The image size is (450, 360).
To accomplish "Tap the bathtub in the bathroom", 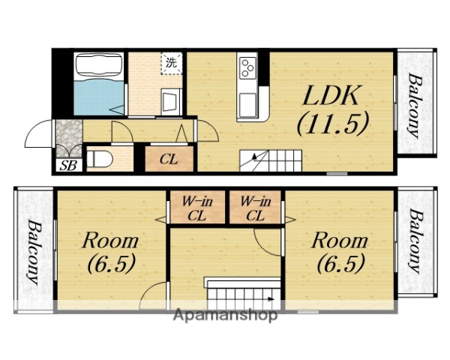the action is [98, 67].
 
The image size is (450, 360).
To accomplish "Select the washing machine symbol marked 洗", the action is [172, 63].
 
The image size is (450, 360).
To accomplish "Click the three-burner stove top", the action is [247, 67].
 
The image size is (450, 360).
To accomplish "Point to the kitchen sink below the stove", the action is [247, 105].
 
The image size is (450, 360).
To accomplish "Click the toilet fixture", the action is [99, 159].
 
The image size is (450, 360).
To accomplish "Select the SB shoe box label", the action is [68, 165].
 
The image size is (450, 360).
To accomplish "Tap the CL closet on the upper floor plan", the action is [169, 159].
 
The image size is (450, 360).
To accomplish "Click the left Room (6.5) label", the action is [111, 252].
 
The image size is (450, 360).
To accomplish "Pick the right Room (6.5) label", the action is [340, 252].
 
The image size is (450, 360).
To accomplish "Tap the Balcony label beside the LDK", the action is [415, 106].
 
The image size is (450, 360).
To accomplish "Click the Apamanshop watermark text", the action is [225, 316].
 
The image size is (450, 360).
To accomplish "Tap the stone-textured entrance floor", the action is [68, 137].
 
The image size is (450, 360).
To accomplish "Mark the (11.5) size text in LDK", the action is [332, 123].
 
